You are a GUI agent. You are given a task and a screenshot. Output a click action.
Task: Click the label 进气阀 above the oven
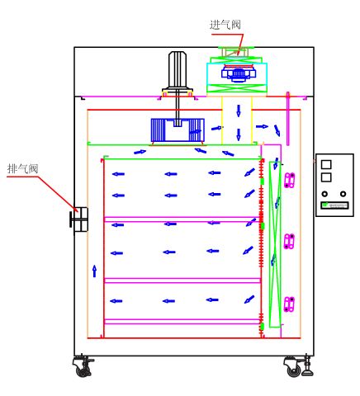[225, 25]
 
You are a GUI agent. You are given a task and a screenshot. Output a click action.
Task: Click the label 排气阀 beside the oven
[22, 168]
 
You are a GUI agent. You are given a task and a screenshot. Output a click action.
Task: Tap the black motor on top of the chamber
[178, 73]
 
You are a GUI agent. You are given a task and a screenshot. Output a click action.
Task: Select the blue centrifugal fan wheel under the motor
[178, 130]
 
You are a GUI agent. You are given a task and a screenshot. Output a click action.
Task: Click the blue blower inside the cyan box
[239, 73]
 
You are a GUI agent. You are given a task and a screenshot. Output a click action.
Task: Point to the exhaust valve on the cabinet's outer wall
[79, 219]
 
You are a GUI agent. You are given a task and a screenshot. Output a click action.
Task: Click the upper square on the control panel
[326, 164]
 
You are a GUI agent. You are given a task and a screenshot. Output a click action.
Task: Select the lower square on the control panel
[326, 177]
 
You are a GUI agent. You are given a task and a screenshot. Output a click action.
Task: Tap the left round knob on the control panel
[325, 194]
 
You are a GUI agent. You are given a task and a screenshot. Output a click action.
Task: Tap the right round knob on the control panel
[343, 194]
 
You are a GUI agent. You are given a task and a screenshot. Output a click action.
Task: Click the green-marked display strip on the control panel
[334, 205]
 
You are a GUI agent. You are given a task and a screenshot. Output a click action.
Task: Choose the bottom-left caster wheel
[83, 366]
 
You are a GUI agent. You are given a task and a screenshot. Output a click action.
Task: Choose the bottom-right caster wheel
[293, 366]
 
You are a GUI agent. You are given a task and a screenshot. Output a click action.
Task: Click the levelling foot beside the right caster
[307, 365]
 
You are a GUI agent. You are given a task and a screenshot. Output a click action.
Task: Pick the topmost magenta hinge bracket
[289, 180]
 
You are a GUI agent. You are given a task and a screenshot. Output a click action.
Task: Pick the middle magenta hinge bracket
[289, 242]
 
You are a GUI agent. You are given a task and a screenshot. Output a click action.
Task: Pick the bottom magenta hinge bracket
[289, 304]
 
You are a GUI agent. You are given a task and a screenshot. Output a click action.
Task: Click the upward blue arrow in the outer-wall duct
[95, 271]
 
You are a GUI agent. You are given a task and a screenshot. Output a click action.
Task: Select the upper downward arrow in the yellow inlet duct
[239, 111]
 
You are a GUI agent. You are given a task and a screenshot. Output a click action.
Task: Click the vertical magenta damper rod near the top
[288, 119]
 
